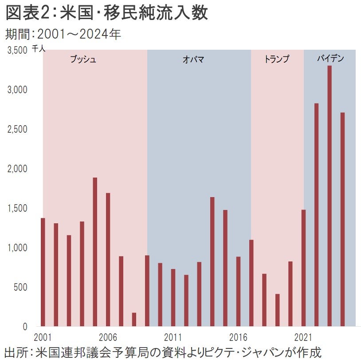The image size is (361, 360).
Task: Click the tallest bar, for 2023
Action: tap(330, 196)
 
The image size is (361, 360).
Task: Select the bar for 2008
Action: tap(134, 319)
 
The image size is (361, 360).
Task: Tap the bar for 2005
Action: tap(95, 252)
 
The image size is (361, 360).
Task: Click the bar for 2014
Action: tap(212, 261)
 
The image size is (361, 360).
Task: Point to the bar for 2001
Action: tap(43, 272)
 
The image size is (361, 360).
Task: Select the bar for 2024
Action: tap(342, 219)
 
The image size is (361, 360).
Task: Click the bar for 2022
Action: tap(317, 215)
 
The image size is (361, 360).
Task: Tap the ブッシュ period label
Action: tap(83, 59)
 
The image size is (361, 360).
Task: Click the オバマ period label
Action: tap(193, 59)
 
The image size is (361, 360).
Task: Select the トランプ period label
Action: tap(276, 59)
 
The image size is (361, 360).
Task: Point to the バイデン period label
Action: tap(330, 58)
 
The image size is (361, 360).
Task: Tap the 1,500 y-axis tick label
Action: tap(18, 208)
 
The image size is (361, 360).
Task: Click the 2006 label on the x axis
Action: tap(108, 336)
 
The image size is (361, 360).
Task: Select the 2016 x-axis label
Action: tap(238, 336)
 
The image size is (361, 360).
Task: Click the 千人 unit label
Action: tap(39, 49)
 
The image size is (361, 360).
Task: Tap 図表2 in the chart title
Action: tap(25, 13)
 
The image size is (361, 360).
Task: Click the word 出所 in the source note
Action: tap(14, 352)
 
